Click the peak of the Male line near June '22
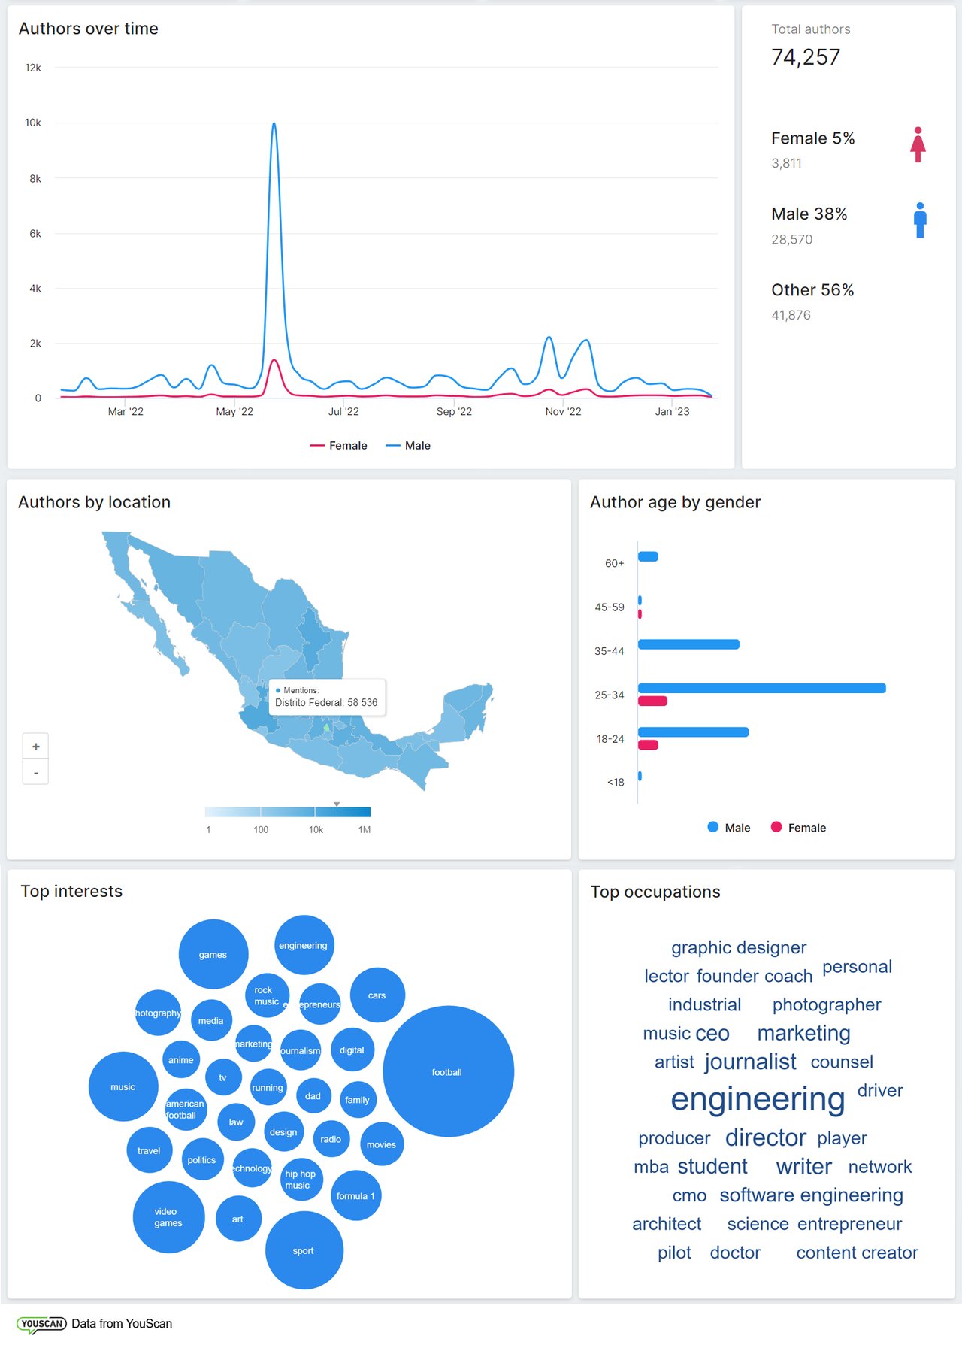coord(274,124)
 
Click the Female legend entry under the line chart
coord(339,446)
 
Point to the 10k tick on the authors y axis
coord(33,123)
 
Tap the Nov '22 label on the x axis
coord(563,411)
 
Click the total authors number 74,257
coord(806,57)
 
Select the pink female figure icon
coord(918,144)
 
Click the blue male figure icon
coord(920,220)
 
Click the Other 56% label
coord(812,290)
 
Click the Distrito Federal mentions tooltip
coord(326,698)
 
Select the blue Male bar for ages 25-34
coord(761,688)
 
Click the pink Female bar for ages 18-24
coord(648,745)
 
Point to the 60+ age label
coord(614,563)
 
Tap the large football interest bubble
coord(448,1071)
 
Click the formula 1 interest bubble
coord(355,1195)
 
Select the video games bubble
coord(168,1216)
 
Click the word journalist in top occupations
coord(750,1062)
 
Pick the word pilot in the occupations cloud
coord(674,1253)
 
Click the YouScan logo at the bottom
coord(42,1324)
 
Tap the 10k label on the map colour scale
coord(316,830)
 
